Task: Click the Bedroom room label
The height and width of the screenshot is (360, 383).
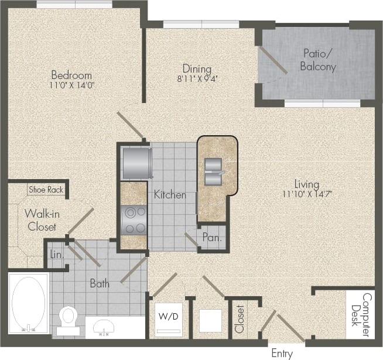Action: (71, 75)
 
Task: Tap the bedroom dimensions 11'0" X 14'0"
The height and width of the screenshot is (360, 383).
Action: (71, 85)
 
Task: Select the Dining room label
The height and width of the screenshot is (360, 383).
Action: (196, 68)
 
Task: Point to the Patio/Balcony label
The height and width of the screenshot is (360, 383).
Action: (318, 60)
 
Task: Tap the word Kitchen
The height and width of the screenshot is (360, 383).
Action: (170, 194)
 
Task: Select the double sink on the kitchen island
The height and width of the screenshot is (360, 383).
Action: (214, 166)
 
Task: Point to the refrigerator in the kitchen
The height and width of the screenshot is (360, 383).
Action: (136, 162)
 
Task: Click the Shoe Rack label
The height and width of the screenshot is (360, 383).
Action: (46, 190)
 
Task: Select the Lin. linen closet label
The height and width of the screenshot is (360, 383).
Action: (56, 255)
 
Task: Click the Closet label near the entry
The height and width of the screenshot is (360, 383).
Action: (239, 319)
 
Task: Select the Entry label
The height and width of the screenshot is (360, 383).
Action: (282, 353)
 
